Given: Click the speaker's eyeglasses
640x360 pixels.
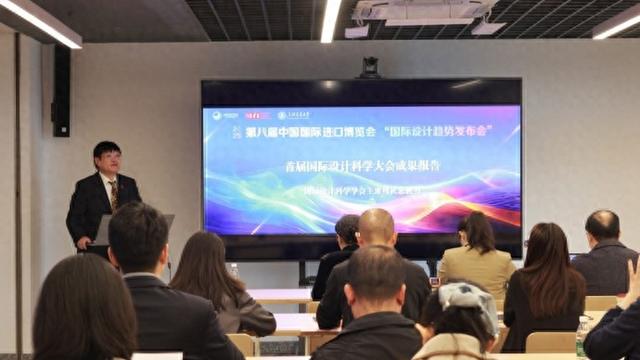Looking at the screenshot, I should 107,157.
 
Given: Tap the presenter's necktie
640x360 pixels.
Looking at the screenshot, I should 113,192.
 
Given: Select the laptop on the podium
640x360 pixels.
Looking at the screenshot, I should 104,229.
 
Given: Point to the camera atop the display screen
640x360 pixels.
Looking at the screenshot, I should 370,67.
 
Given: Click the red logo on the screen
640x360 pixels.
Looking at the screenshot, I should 257,115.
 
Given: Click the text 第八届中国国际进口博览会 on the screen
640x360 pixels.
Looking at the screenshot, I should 315,131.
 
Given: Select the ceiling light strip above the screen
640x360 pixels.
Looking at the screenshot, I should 330,19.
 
